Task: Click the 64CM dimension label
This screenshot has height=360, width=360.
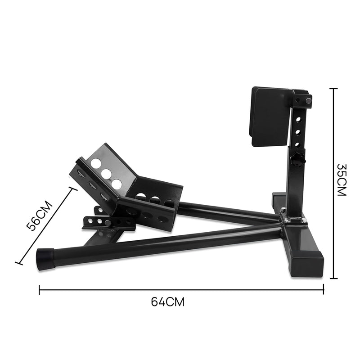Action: pos(167,301)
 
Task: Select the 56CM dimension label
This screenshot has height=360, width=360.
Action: pos(40,215)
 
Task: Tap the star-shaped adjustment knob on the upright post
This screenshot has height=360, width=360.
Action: pos(297,159)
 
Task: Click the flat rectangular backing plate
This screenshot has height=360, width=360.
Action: pos(269,116)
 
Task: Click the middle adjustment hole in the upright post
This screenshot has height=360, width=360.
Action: pos(297,132)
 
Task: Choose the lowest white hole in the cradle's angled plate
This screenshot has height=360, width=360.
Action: pos(117,184)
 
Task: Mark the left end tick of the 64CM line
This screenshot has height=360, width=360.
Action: pos(40,290)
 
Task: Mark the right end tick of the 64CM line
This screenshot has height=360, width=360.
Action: pos(324,290)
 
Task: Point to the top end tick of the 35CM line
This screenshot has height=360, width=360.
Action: pos(333,89)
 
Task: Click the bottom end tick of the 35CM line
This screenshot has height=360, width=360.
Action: pos(333,279)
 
